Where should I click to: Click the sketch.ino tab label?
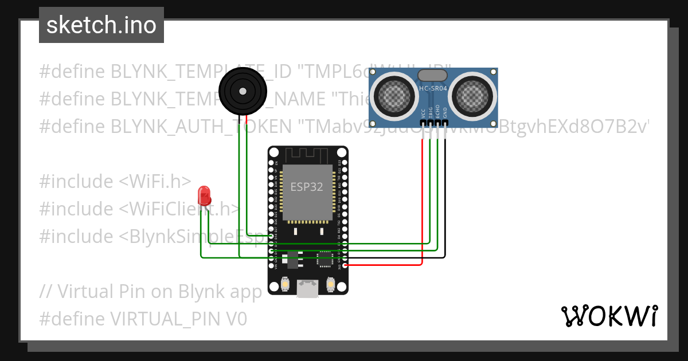click(x=101, y=25)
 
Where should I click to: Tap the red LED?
click(x=204, y=195)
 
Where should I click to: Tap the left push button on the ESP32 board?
click(x=286, y=284)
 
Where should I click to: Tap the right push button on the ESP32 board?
click(x=330, y=284)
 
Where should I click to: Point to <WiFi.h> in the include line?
click(x=155, y=181)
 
